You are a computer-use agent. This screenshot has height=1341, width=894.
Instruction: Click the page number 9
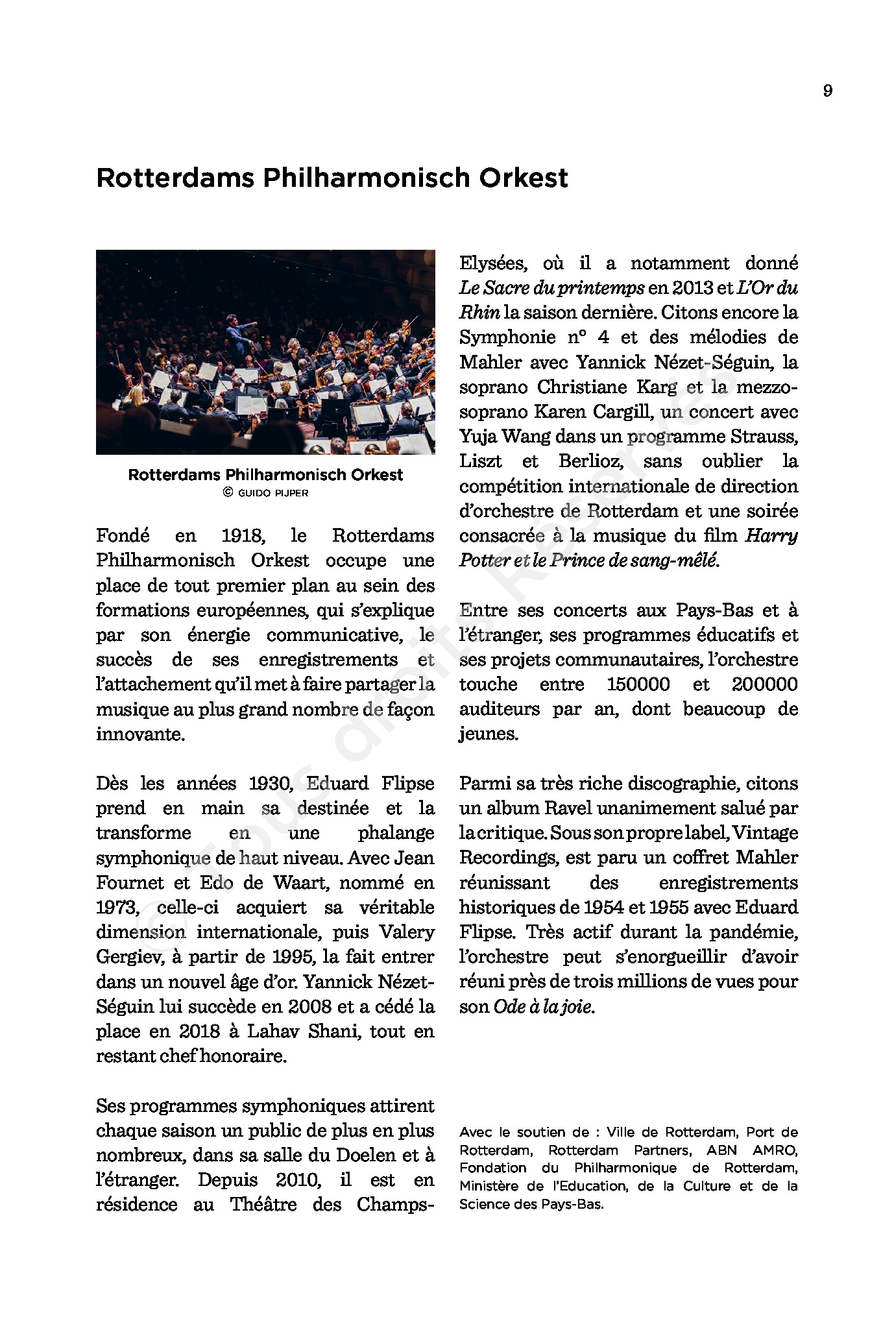click(x=827, y=91)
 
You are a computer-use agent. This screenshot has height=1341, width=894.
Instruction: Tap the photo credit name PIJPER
click(x=292, y=493)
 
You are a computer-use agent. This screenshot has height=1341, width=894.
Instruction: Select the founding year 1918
click(x=243, y=536)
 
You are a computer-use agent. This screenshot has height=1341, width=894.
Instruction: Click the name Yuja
click(x=478, y=437)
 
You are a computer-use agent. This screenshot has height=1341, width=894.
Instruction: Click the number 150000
click(x=638, y=684)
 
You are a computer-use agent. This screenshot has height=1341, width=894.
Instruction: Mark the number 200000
click(x=764, y=684)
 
